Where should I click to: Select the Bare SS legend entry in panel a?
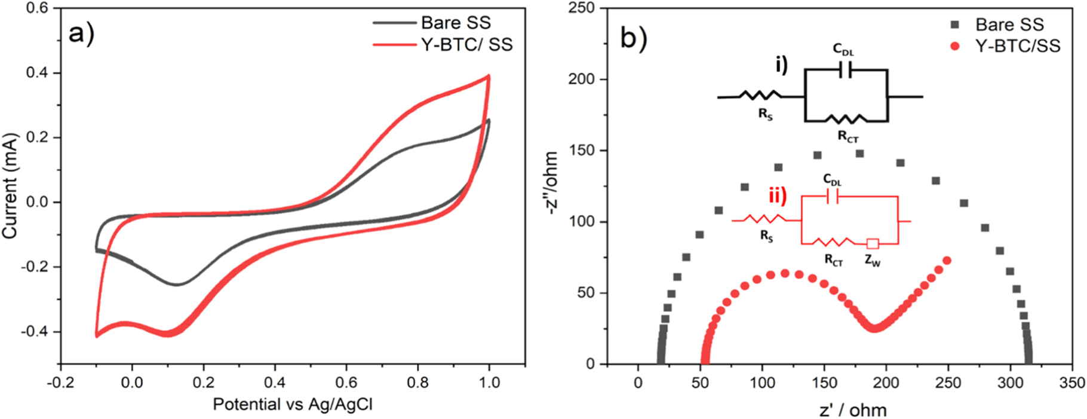(455, 23)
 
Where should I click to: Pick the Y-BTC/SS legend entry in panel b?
(1017, 46)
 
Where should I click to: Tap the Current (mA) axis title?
(10, 186)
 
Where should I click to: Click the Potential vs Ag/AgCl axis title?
(293, 405)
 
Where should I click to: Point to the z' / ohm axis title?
(852, 410)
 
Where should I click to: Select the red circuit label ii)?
(778, 195)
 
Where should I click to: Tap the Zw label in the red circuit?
(872, 261)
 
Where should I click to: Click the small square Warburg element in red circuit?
(873, 244)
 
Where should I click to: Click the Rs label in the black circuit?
(765, 114)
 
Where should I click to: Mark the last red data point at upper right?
(947, 261)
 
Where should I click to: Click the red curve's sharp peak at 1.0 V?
(489, 76)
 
